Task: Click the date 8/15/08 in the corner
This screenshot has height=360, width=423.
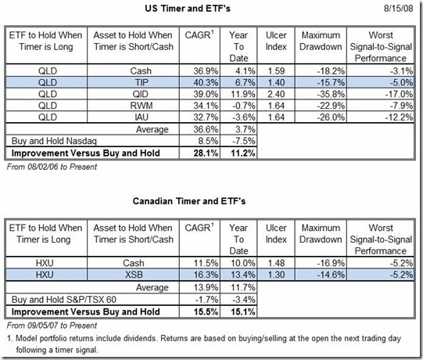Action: (398, 8)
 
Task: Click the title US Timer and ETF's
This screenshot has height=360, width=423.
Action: (188, 9)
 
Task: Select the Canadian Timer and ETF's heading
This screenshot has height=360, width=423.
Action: (189, 201)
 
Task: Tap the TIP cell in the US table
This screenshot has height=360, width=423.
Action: (142, 82)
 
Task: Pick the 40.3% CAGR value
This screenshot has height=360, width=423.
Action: (206, 82)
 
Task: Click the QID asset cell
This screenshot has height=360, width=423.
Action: (141, 94)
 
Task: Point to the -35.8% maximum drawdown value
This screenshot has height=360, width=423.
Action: (331, 94)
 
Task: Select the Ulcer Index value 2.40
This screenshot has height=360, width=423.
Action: (276, 94)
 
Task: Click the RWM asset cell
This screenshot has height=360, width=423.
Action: (142, 106)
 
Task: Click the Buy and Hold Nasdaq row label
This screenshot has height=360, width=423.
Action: (54, 141)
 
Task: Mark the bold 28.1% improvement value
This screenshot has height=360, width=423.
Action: (206, 153)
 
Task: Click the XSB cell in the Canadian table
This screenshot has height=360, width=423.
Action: (134, 275)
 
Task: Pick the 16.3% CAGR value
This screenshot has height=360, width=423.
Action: (206, 275)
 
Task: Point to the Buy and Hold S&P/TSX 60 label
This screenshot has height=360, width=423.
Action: (64, 300)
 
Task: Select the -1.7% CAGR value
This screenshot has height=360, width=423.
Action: (208, 300)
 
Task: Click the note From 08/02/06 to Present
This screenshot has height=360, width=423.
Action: (52, 167)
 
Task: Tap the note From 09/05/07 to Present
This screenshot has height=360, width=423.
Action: (52, 326)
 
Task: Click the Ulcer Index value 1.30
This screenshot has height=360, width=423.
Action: (276, 275)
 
